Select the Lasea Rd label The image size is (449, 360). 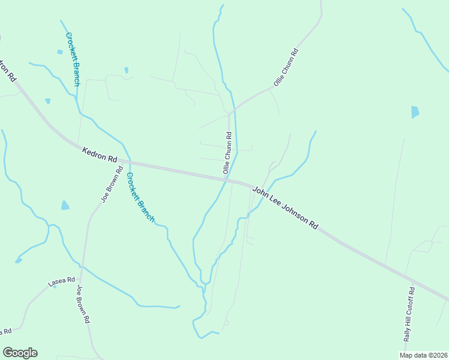pyautogui.click(x=62, y=281)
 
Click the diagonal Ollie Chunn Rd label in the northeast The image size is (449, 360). pyautogui.click(x=286, y=67)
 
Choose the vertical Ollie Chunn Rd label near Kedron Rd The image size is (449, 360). pyautogui.click(x=228, y=153)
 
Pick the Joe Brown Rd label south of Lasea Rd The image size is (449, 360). pyautogui.click(x=83, y=304)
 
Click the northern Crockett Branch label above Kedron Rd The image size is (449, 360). pyautogui.click(x=73, y=59)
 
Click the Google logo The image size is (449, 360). pyautogui.click(x=20, y=353)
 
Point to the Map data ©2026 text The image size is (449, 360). pyautogui.click(x=423, y=355)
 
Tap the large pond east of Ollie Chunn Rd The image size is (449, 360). pyautogui.click(x=415, y=112)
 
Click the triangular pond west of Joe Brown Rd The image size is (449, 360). pyautogui.click(x=64, y=205)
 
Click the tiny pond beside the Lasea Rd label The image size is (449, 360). pyautogui.click(x=55, y=286)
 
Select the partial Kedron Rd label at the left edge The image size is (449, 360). pyautogui.click(x=7, y=70)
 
